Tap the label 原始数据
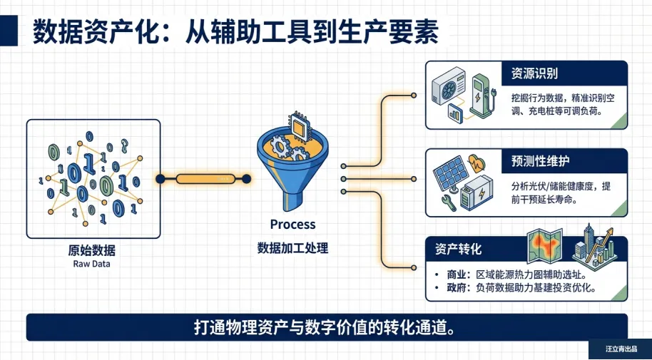[x=92, y=250]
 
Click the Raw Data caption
[x=92, y=264]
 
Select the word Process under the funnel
[x=292, y=225]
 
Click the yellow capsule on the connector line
[x=205, y=178]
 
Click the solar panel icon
[x=452, y=171]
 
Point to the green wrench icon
[x=450, y=200]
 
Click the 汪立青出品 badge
[x=619, y=349]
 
